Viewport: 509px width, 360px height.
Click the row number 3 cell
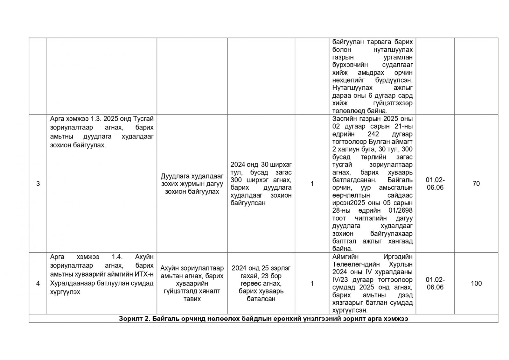point(38,184)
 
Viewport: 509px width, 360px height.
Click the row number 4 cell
point(38,283)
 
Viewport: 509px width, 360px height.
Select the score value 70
point(476,184)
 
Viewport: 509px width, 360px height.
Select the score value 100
point(476,283)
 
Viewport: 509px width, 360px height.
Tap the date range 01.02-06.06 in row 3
point(435,184)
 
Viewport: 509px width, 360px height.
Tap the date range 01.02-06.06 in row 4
point(435,283)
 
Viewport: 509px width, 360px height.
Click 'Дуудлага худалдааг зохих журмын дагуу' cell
point(192,184)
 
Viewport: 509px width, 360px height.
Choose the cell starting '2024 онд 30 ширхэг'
point(261,184)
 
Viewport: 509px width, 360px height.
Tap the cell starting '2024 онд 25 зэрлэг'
point(261,283)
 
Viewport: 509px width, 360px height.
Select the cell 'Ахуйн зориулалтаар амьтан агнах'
point(192,283)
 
